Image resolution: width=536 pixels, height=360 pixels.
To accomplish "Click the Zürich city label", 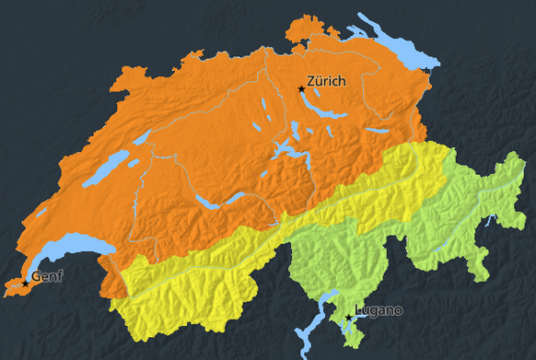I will pyautogui.click(x=327, y=81).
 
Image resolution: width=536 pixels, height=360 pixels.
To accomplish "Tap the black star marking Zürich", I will pyautogui.click(x=301, y=88).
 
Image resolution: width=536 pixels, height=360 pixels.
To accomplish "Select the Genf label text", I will pyautogui.click(x=47, y=276).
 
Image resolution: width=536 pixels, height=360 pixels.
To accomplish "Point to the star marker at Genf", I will pyautogui.click(x=25, y=281).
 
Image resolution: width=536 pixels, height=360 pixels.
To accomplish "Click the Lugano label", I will pyautogui.click(x=379, y=310).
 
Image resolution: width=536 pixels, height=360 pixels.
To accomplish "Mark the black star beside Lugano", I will pyautogui.click(x=348, y=318).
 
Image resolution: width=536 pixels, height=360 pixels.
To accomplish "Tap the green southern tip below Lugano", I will pyautogui.click(x=354, y=341).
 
